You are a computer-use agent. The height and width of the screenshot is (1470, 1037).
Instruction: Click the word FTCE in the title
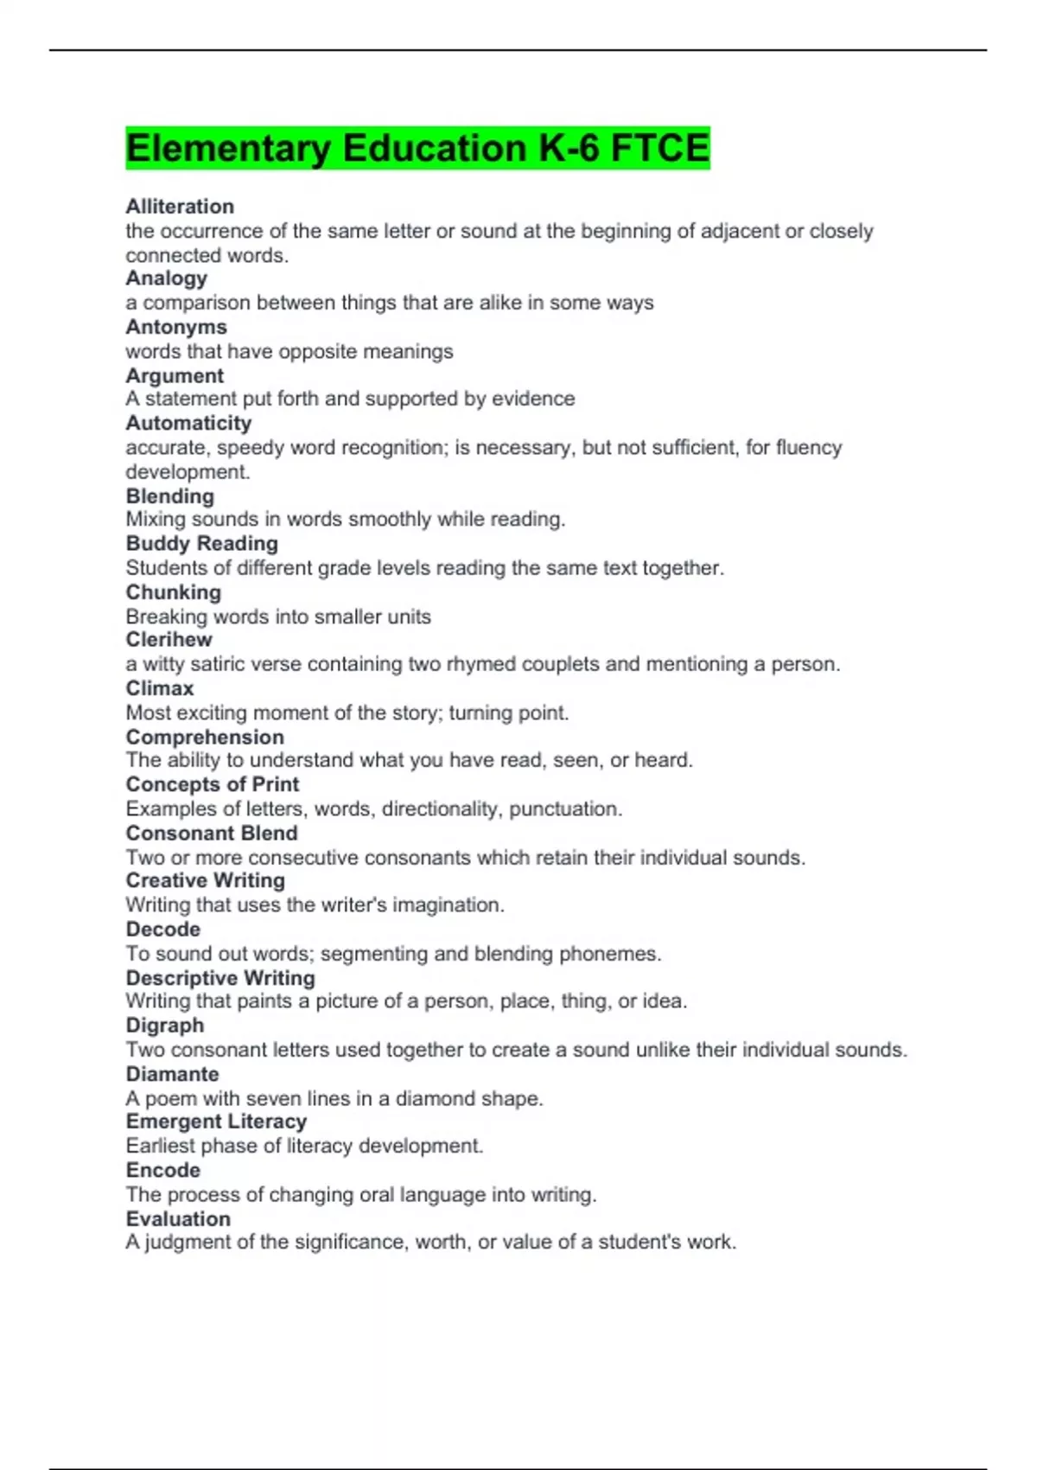point(659,148)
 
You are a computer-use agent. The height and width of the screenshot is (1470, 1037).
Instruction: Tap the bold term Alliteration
point(180,207)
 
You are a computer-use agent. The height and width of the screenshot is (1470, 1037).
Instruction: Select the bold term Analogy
point(167,278)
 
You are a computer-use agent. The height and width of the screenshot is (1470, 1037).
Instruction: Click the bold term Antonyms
point(176,327)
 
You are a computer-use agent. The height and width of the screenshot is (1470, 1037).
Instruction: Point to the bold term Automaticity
point(188,423)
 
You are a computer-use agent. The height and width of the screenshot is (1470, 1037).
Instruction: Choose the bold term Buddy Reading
point(202,543)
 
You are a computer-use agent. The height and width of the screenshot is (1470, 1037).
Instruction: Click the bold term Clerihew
point(169,639)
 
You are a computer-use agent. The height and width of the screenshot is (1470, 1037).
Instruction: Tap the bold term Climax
point(160,688)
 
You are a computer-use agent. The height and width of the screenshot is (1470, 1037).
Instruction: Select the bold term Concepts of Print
point(213,784)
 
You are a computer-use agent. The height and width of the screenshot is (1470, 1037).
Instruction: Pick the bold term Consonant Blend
point(212,833)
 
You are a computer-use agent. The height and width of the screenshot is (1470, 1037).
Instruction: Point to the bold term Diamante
point(172,1074)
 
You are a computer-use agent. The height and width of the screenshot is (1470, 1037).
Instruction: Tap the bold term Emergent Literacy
point(216,1122)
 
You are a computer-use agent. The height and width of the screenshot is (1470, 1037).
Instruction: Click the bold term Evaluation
point(178,1218)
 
